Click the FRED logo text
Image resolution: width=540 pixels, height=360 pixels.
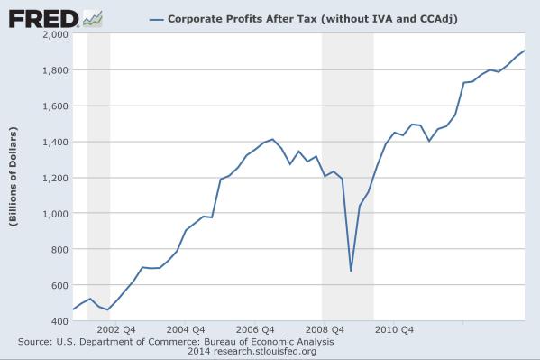[41, 17]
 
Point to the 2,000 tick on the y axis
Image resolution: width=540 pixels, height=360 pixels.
[55, 34]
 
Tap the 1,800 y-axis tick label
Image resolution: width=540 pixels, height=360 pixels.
[55, 70]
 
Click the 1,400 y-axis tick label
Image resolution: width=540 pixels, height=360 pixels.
[55, 142]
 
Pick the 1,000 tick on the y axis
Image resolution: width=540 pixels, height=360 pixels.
[55, 213]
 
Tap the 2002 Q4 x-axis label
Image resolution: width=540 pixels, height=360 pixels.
[116, 328]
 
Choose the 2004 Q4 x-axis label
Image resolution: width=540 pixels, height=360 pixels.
[185, 328]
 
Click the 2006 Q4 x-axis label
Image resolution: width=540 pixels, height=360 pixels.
[256, 328]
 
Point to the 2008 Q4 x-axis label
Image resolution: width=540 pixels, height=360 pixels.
[325, 328]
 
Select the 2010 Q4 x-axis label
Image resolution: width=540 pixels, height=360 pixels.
[395, 328]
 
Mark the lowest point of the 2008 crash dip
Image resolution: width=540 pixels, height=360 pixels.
[351, 270]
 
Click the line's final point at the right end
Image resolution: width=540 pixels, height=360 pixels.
[525, 51]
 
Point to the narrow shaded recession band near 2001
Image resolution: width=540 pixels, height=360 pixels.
[98, 180]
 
